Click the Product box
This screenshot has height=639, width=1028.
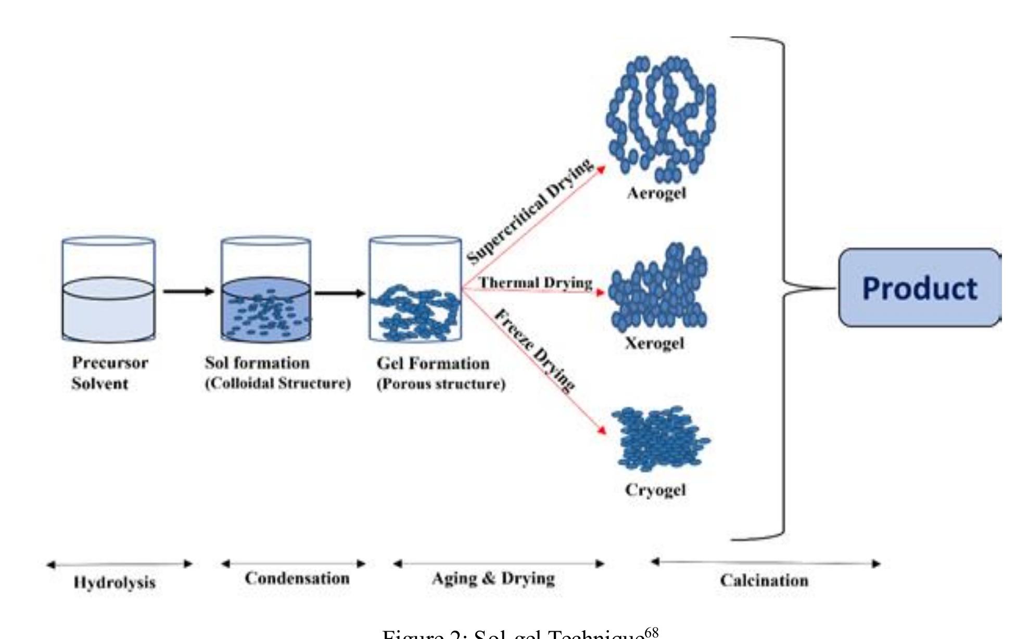tap(920, 288)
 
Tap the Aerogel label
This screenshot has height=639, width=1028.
tap(656, 194)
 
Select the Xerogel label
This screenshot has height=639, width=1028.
tap(654, 343)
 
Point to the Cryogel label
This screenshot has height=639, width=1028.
tap(655, 490)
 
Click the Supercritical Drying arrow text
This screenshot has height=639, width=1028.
tap(529, 211)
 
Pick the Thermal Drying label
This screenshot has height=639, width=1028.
tap(536, 283)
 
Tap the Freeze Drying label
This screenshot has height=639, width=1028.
tap(535, 349)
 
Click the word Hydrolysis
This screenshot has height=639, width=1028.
tap(115, 582)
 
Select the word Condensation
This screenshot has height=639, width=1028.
tap(297, 578)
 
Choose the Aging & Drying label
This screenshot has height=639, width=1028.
tap(493, 578)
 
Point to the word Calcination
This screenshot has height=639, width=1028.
tap(764, 580)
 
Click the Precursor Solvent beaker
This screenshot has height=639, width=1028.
tap(108, 290)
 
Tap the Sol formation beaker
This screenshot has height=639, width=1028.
tap(266, 290)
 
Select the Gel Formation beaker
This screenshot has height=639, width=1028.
tap(415, 290)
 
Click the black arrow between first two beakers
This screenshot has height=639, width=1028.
tap(188, 291)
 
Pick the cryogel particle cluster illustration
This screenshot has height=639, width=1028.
tap(658, 438)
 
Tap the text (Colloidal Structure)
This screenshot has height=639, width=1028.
tap(278, 384)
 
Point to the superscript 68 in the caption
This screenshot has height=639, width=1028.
tap(651, 632)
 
